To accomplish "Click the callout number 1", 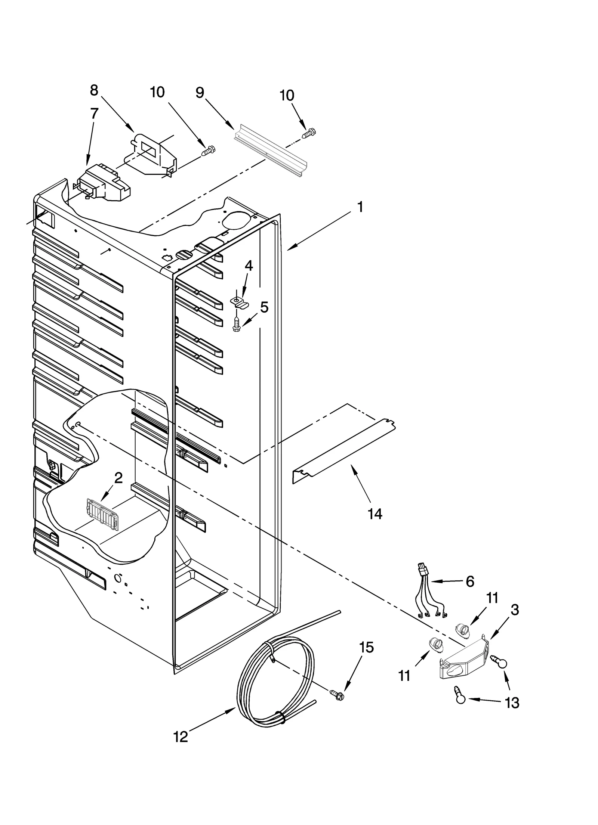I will pyautogui.click(x=360, y=207).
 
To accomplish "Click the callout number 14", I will pyautogui.click(x=375, y=514).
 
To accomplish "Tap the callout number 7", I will pyautogui.click(x=94, y=113).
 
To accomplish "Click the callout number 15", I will pyautogui.click(x=366, y=648).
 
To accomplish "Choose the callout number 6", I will pyautogui.click(x=470, y=581).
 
